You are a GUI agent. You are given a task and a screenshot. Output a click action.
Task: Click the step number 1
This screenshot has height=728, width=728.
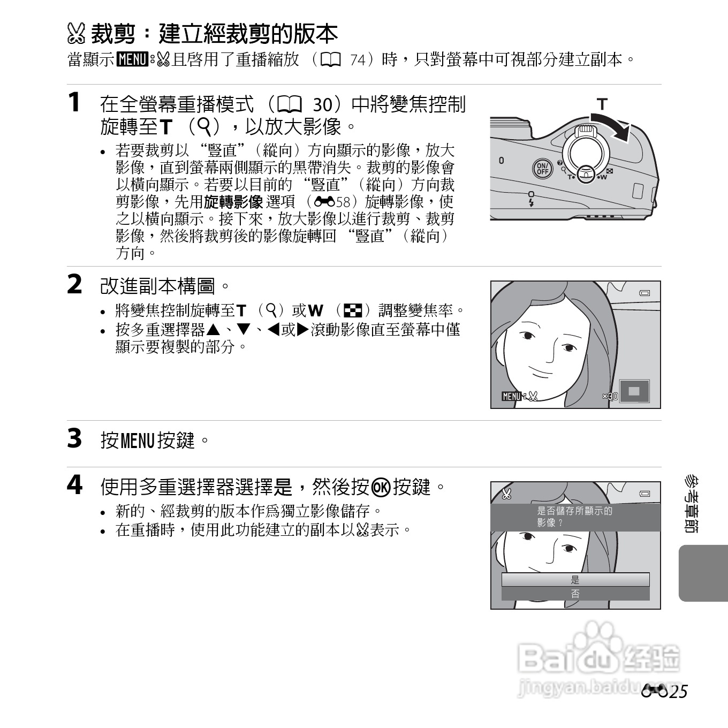pos(74,102)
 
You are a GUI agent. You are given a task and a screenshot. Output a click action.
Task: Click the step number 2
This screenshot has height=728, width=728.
pos(74,284)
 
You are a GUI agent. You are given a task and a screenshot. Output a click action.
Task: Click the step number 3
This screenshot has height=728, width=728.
pos(74,438)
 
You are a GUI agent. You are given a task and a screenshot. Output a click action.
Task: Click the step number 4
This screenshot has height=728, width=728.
pos(74,485)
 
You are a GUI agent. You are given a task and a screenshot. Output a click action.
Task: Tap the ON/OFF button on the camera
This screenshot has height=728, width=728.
pos(542,169)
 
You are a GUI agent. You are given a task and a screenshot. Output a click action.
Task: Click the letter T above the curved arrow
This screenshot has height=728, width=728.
pos(602,104)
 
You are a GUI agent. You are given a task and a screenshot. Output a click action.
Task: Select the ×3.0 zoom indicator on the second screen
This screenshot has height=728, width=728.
pos(610,396)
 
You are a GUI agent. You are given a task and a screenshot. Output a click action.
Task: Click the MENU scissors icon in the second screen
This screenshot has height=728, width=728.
pos(519,396)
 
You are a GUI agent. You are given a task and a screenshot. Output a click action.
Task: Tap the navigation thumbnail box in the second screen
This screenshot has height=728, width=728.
pos(634,391)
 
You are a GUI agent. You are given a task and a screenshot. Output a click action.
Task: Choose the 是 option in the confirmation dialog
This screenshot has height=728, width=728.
pos(575,580)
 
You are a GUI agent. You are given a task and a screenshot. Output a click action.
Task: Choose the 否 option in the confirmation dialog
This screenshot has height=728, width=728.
pos(575,594)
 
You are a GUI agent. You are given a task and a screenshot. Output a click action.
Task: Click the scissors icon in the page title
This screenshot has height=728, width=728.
pos(77,34)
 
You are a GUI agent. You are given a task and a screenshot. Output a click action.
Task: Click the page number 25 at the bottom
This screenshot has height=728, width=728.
pos(677,692)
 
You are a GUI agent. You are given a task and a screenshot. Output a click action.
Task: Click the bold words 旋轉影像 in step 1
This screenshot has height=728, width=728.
pos(233,202)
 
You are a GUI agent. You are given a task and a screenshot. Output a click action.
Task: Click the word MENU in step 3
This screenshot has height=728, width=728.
pos(138,441)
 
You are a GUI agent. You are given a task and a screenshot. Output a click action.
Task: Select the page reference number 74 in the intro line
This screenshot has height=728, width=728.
pos(358,60)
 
